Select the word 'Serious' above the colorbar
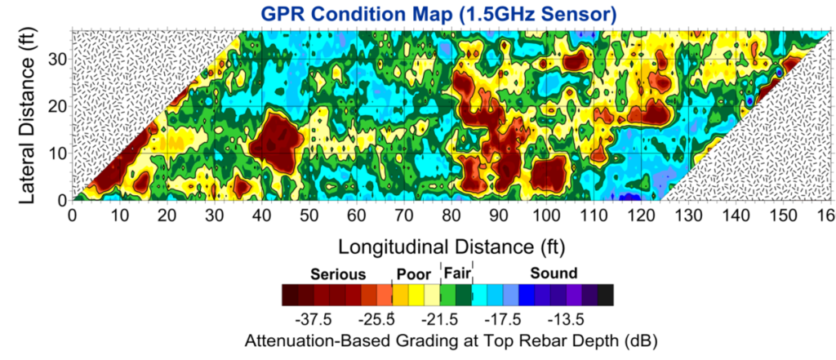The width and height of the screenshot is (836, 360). point(338,273)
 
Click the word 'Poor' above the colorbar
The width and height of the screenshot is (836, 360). point(413,273)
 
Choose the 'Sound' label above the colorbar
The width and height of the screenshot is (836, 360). point(554,273)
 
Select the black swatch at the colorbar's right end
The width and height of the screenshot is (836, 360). point(605,294)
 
